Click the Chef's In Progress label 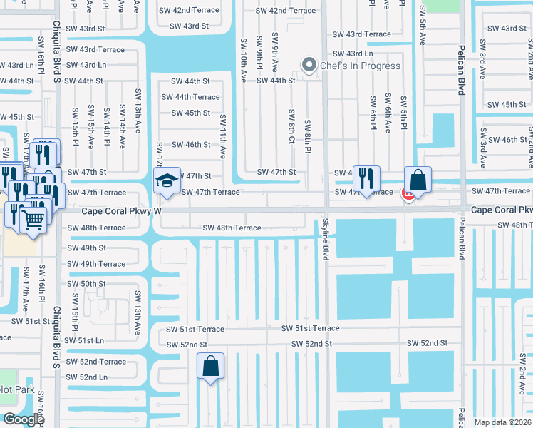pos(360,66)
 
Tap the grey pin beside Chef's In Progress pos(309,66)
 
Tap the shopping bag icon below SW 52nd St pos(211,367)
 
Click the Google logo pos(24,419)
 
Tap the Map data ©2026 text pos(502,422)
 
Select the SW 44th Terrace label pos(190,97)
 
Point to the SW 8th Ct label pos(291,126)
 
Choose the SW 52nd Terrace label pos(96,362)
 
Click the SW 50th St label pos(87,284)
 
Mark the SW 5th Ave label pos(423,25)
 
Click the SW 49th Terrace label pos(96,264)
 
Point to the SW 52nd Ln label pos(87,377)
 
